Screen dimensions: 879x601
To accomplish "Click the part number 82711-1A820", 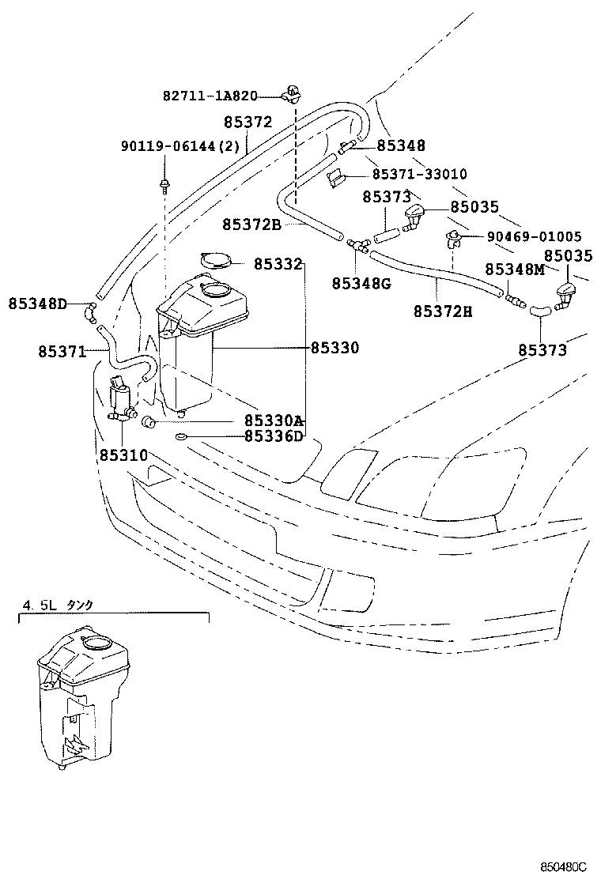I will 210,96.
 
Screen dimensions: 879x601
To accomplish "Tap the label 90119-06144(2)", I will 169,147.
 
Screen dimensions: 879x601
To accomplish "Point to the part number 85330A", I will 274,421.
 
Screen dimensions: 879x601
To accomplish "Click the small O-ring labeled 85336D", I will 180,436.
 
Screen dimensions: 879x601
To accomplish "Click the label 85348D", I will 38,304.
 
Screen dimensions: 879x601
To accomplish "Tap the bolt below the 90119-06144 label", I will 164,187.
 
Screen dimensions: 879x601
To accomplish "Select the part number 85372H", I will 442,311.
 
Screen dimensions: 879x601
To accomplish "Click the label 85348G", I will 361,282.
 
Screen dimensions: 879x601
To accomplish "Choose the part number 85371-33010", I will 419,174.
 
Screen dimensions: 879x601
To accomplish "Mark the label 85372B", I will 251,224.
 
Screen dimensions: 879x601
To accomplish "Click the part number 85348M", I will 515,269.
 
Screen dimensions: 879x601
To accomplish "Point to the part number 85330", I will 335,347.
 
